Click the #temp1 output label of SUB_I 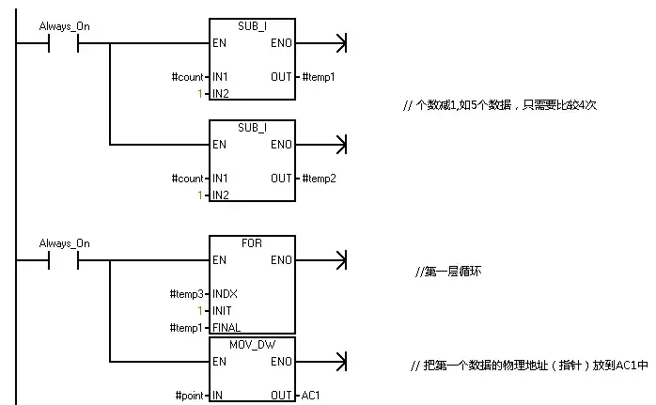[319, 75]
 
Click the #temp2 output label [319, 178]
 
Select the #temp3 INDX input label [187, 293]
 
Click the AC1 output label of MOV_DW [311, 396]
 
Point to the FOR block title [252, 242]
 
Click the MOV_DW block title [252, 344]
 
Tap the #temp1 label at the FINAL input [187, 327]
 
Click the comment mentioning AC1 [529, 365]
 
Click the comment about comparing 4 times [499, 105]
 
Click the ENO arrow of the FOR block [340, 259]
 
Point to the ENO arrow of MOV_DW [340, 361]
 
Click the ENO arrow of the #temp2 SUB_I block [340, 145]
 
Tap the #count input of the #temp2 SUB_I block [188, 178]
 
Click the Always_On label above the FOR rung [65, 243]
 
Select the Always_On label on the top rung [65, 26]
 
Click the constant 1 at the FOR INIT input [200, 310]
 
